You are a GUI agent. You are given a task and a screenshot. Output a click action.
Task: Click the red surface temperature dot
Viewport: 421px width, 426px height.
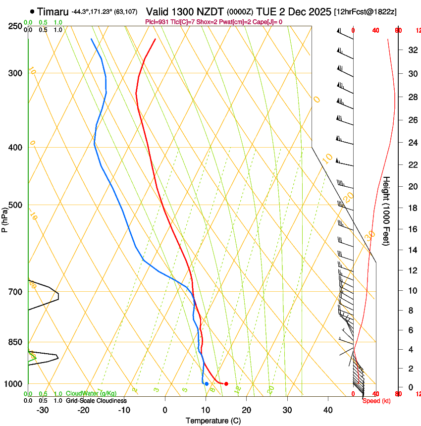click(x=226, y=384)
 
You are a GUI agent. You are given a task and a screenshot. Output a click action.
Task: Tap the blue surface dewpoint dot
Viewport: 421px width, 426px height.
click(x=207, y=384)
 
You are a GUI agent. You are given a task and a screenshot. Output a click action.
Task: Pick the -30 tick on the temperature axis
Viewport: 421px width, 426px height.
click(x=43, y=410)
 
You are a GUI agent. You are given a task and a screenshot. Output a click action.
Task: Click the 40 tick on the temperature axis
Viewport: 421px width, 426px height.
click(x=327, y=410)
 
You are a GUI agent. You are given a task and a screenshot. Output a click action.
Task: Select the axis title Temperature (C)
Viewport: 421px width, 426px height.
click(x=213, y=421)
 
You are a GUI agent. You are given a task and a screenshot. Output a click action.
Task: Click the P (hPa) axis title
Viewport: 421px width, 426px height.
click(x=4, y=218)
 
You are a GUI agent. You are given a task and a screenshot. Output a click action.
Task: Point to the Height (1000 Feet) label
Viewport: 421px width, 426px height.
click(x=387, y=211)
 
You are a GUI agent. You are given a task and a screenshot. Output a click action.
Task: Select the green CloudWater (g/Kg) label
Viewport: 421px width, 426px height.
click(x=91, y=394)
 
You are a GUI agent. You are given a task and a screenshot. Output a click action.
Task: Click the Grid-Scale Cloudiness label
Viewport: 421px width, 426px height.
click(x=96, y=401)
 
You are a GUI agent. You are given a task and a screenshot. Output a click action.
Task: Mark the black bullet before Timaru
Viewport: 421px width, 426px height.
click(x=32, y=11)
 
